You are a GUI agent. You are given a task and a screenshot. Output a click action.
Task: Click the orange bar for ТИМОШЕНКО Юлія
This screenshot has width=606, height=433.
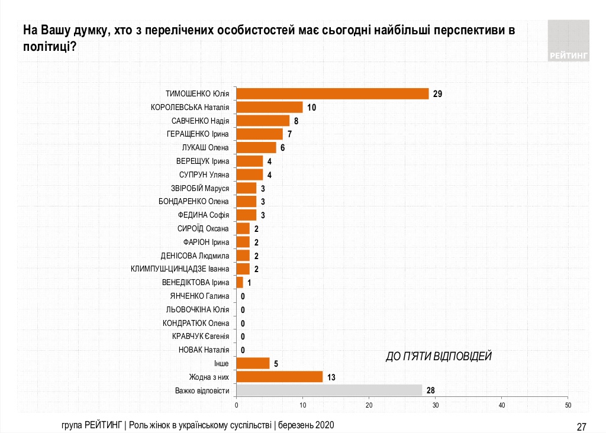[x=332, y=93]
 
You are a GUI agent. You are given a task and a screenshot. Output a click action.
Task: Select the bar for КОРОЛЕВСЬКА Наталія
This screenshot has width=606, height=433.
[x=269, y=107]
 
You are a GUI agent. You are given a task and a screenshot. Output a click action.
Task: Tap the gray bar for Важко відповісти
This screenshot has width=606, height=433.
[x=329, y=390]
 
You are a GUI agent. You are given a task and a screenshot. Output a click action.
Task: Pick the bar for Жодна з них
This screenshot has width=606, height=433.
[x=279, y=376]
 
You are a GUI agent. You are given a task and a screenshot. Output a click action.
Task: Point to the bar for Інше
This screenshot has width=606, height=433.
[x=253, y=363]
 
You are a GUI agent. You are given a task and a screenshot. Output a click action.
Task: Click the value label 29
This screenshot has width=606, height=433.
[x=438, y=94]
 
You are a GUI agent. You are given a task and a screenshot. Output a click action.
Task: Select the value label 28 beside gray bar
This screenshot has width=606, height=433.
[x=431, y=390]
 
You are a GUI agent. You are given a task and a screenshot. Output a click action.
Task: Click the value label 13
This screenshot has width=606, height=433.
[x=331, y=377]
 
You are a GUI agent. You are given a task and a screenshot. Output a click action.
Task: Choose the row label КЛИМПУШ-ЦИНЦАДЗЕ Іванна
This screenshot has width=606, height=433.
[x=180, y=269]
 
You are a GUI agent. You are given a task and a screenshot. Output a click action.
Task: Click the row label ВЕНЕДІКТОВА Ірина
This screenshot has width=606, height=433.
[x=195, y=282]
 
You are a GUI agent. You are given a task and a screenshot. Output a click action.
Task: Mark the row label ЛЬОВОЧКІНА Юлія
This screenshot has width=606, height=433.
[x=197, y=309]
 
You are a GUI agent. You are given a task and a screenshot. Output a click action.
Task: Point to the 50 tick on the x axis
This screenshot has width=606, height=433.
[x=568, y=405]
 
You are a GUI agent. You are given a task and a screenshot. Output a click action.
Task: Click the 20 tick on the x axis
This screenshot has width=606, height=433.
[x=369, y=405]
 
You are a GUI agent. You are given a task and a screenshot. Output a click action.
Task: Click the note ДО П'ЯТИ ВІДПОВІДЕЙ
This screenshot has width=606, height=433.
[x=439, y=356]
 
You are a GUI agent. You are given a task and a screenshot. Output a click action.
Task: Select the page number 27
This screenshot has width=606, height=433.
[x=581, y=426]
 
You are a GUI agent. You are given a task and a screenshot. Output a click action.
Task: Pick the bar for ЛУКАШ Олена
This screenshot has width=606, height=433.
[x=256, y=147]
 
